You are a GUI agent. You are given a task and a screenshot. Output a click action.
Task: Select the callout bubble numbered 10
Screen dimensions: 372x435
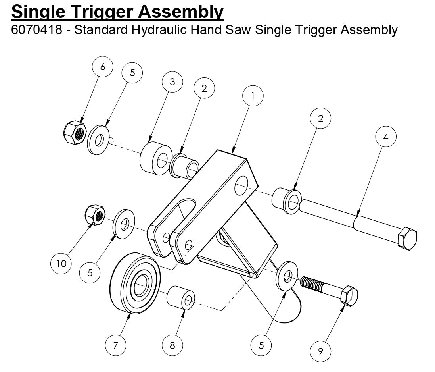click(x=61, y=263)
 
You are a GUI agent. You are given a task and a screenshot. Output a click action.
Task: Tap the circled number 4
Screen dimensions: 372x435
click(x=386, y=137)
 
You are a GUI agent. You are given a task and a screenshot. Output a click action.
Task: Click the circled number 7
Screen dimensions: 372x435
click(x=115, y=345)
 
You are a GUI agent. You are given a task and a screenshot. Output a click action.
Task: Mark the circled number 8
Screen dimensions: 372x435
click(x=172, y=345)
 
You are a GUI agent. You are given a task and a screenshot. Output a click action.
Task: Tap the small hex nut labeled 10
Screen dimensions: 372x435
click(x=94, y=216)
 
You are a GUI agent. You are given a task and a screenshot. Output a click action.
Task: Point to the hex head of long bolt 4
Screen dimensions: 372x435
click(x=407, y=239)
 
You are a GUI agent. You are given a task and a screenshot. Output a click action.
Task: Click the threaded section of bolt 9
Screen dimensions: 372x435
click(x=312, y=283)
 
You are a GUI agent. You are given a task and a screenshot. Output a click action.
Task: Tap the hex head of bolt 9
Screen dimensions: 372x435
click(x=349, y=296)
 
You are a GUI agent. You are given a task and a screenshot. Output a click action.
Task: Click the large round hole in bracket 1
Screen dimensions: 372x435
click(x=242, y=185)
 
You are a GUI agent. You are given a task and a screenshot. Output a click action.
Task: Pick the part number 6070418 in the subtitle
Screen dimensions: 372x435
click(x=37, y=30)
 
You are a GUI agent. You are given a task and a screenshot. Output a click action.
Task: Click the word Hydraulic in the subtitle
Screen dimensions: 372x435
click(x=163, y=30)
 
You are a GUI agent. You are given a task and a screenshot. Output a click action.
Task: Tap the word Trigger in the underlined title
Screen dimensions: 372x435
click(x=100, y=12)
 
